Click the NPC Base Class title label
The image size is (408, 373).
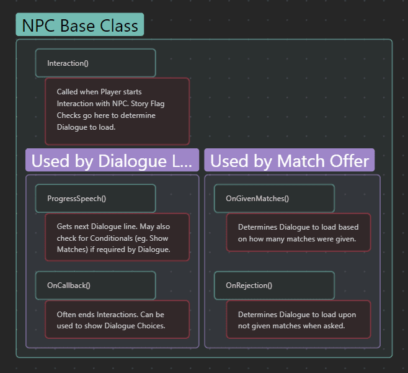80,25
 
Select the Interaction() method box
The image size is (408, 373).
95,63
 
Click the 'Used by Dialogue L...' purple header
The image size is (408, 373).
112,160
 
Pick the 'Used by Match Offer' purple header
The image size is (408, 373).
290,160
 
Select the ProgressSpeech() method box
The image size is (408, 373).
95,199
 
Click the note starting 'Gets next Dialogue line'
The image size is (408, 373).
117,238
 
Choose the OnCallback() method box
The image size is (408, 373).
95,285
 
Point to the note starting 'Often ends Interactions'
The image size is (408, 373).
117,320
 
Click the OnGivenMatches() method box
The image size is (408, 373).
274,199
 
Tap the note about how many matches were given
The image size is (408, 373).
298,233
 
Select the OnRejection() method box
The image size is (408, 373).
274,285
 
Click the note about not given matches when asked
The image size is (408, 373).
298,320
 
